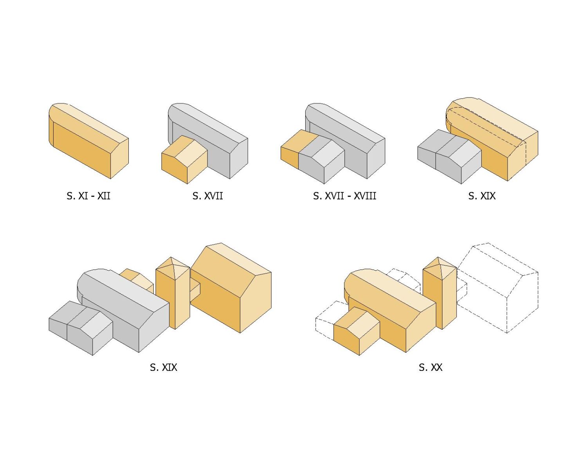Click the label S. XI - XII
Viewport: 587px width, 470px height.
click(88, 196)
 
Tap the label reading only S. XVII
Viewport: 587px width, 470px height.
click(207, 196)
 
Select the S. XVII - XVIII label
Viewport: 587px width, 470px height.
click(344, 196)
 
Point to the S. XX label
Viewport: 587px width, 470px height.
click(431, 367)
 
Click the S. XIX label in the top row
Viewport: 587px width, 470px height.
click(482, 196)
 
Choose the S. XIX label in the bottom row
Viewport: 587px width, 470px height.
click(164, 367)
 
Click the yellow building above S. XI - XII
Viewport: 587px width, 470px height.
click(89, 141)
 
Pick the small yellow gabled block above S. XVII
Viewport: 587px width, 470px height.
click(184, 160)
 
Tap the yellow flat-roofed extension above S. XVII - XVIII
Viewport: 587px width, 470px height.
click(293, 149)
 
